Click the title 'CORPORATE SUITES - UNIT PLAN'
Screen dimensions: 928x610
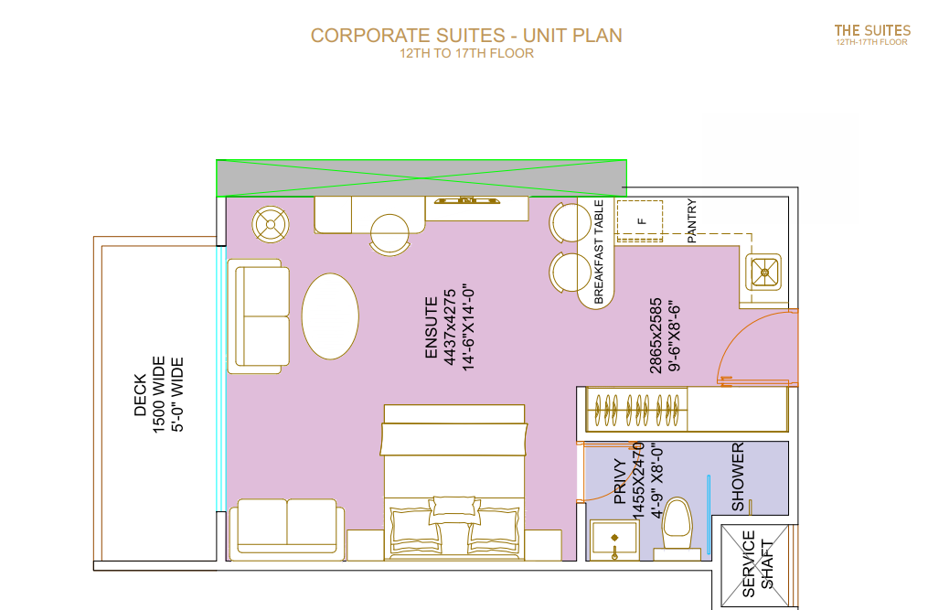point(466,36)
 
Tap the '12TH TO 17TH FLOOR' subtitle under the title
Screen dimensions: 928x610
point(466,53)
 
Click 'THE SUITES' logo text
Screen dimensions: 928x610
point(872,31)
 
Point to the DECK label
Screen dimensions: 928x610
point(140,394)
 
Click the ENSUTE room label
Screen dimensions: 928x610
point(431,327)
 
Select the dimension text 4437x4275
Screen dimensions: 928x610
point(450,327)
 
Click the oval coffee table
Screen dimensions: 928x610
point(330,316)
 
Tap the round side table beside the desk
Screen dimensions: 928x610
point(271,224)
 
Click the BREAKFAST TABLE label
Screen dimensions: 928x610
point(598,251)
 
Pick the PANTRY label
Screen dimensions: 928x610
point(692,221)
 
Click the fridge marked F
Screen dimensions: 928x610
point(640,221)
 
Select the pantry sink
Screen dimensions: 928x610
point(764,273)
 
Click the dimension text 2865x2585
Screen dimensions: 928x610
point(656,336)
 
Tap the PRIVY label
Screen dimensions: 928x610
point(620,481)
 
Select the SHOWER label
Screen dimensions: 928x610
point(738,476)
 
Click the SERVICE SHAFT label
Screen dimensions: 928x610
point(758,563)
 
